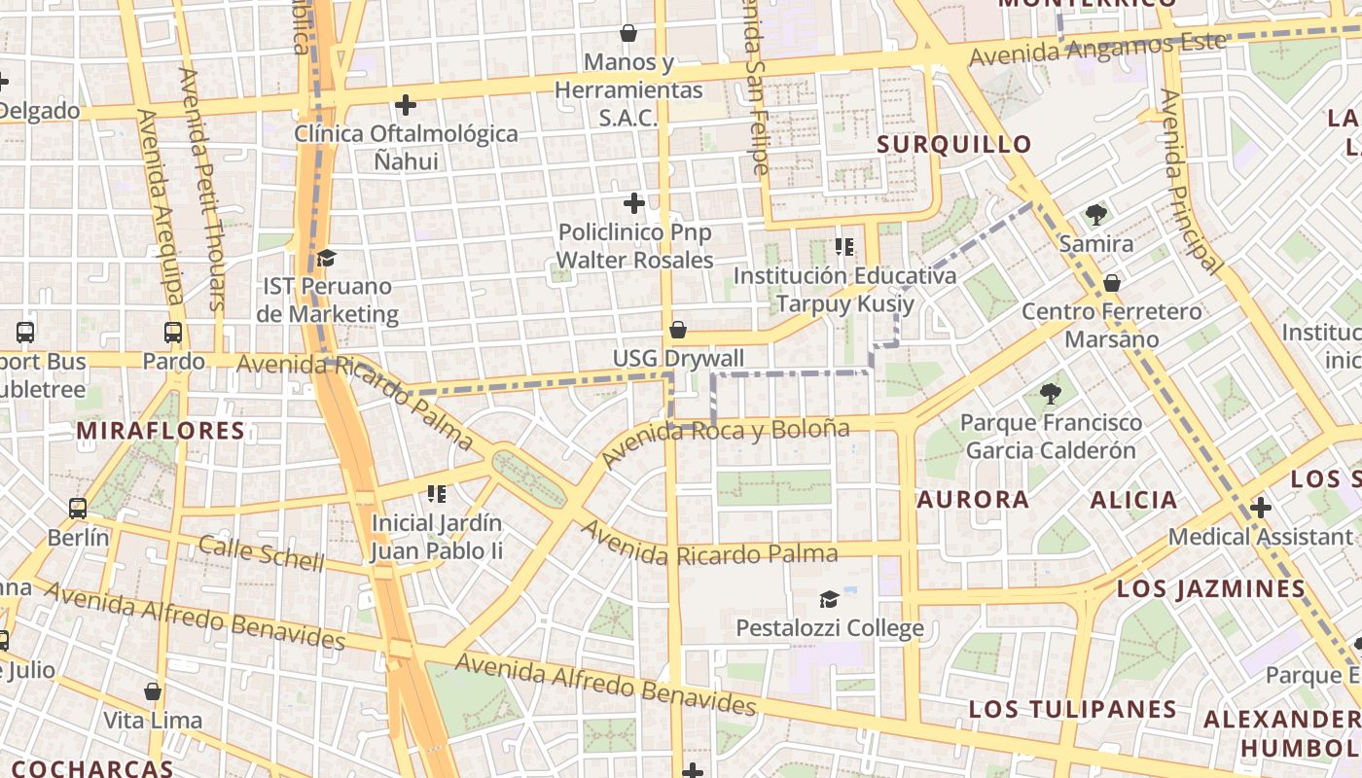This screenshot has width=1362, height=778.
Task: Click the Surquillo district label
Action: [953, 145]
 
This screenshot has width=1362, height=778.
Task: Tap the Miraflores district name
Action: [161, 431]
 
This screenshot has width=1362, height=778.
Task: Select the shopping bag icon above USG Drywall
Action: [678, 331]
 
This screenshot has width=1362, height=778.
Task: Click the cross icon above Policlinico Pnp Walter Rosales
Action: [634, 203]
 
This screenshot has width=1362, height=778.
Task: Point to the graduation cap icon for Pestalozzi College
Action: [829, 599]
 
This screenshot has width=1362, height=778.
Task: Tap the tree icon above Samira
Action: [1096, 214]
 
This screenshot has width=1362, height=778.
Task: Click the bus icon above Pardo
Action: [173, 333]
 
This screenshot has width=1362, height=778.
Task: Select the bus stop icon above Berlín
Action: [78, 508]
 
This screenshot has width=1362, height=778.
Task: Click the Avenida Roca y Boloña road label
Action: [726, 440]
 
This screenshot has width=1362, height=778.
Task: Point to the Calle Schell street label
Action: [261, 552]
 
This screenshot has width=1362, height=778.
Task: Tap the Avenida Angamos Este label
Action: [1097, 49]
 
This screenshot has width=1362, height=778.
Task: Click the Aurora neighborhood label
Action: [973, 500]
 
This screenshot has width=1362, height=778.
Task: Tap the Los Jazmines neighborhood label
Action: [1210, 588]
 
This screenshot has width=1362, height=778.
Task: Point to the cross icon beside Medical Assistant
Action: [1261, 508]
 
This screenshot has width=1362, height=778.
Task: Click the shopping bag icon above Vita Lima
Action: [153, 691]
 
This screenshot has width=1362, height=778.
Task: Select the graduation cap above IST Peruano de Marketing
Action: [326, 258]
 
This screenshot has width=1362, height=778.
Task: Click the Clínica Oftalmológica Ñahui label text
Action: [407, 147]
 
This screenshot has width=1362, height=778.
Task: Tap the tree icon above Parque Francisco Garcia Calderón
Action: [1050, 394]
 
